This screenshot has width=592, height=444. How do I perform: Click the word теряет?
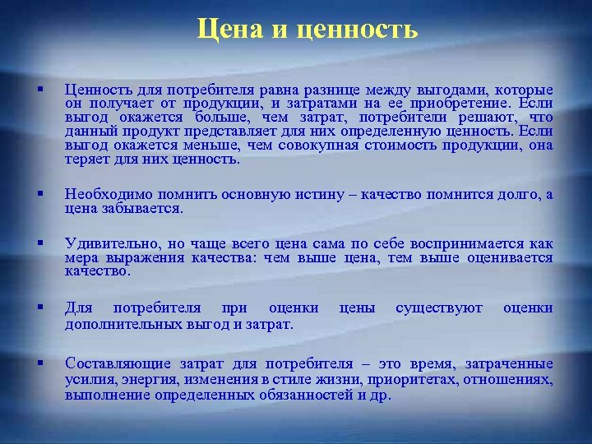coord(85,160)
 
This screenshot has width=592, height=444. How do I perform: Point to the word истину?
coord(330,195)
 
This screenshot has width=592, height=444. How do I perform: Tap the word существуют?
coord(439,308)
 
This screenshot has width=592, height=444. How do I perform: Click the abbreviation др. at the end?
coord(382,395)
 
